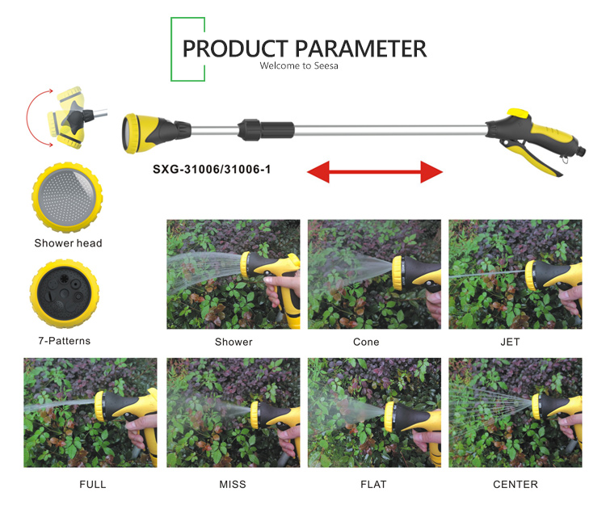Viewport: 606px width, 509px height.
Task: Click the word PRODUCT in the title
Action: click(235, 48)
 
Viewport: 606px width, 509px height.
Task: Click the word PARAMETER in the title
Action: click(361, 48)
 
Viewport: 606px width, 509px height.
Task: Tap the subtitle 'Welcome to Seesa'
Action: click(299, 65)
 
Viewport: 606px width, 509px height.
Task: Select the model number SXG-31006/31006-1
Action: click(212, 170)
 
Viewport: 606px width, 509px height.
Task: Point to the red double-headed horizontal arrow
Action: click(374, 171)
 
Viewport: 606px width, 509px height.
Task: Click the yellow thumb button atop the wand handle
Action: click(518, 113)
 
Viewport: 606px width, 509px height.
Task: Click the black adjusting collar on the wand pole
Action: click(266, 129)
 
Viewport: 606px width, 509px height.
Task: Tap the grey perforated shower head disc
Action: click(67, 197)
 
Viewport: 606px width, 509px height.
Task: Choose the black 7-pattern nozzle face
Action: click(65, 294)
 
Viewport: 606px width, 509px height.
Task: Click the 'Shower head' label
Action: click(68, 243)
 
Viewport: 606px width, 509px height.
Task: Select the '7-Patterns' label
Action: click(64, 341)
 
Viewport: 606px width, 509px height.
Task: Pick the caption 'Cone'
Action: click(366, 342)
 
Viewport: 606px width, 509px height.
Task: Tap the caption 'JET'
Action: click(510, 342)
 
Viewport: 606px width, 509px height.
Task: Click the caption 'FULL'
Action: click(93, 484)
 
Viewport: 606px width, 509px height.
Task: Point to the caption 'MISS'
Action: click(233, 484)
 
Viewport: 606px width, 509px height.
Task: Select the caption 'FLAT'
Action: click(373, 484)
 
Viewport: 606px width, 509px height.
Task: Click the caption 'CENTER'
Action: click(516, 484)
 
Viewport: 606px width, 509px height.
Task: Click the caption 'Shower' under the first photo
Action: click(234, 342)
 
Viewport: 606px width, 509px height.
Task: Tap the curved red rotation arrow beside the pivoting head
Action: click(27, 116)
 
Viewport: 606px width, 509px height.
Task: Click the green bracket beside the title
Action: click(171, 49)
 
